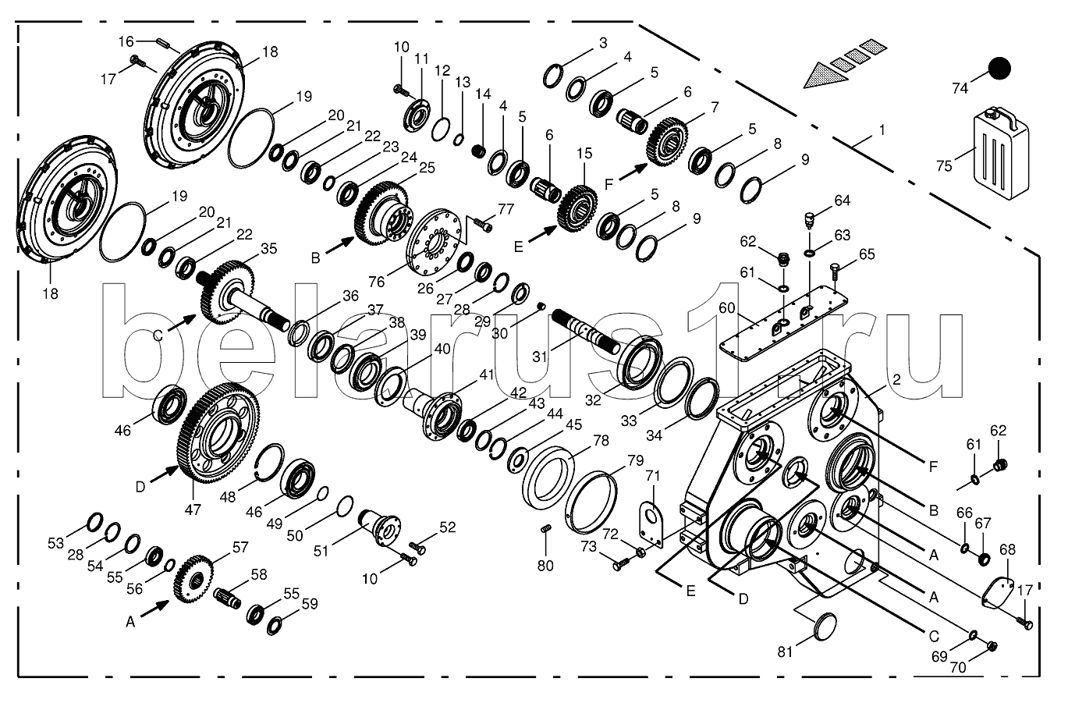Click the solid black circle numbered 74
point(998,68)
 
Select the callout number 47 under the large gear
point(193,509)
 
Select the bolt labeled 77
point(484,225)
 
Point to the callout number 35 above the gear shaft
point(268,249)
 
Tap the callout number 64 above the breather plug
point(842,201)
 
